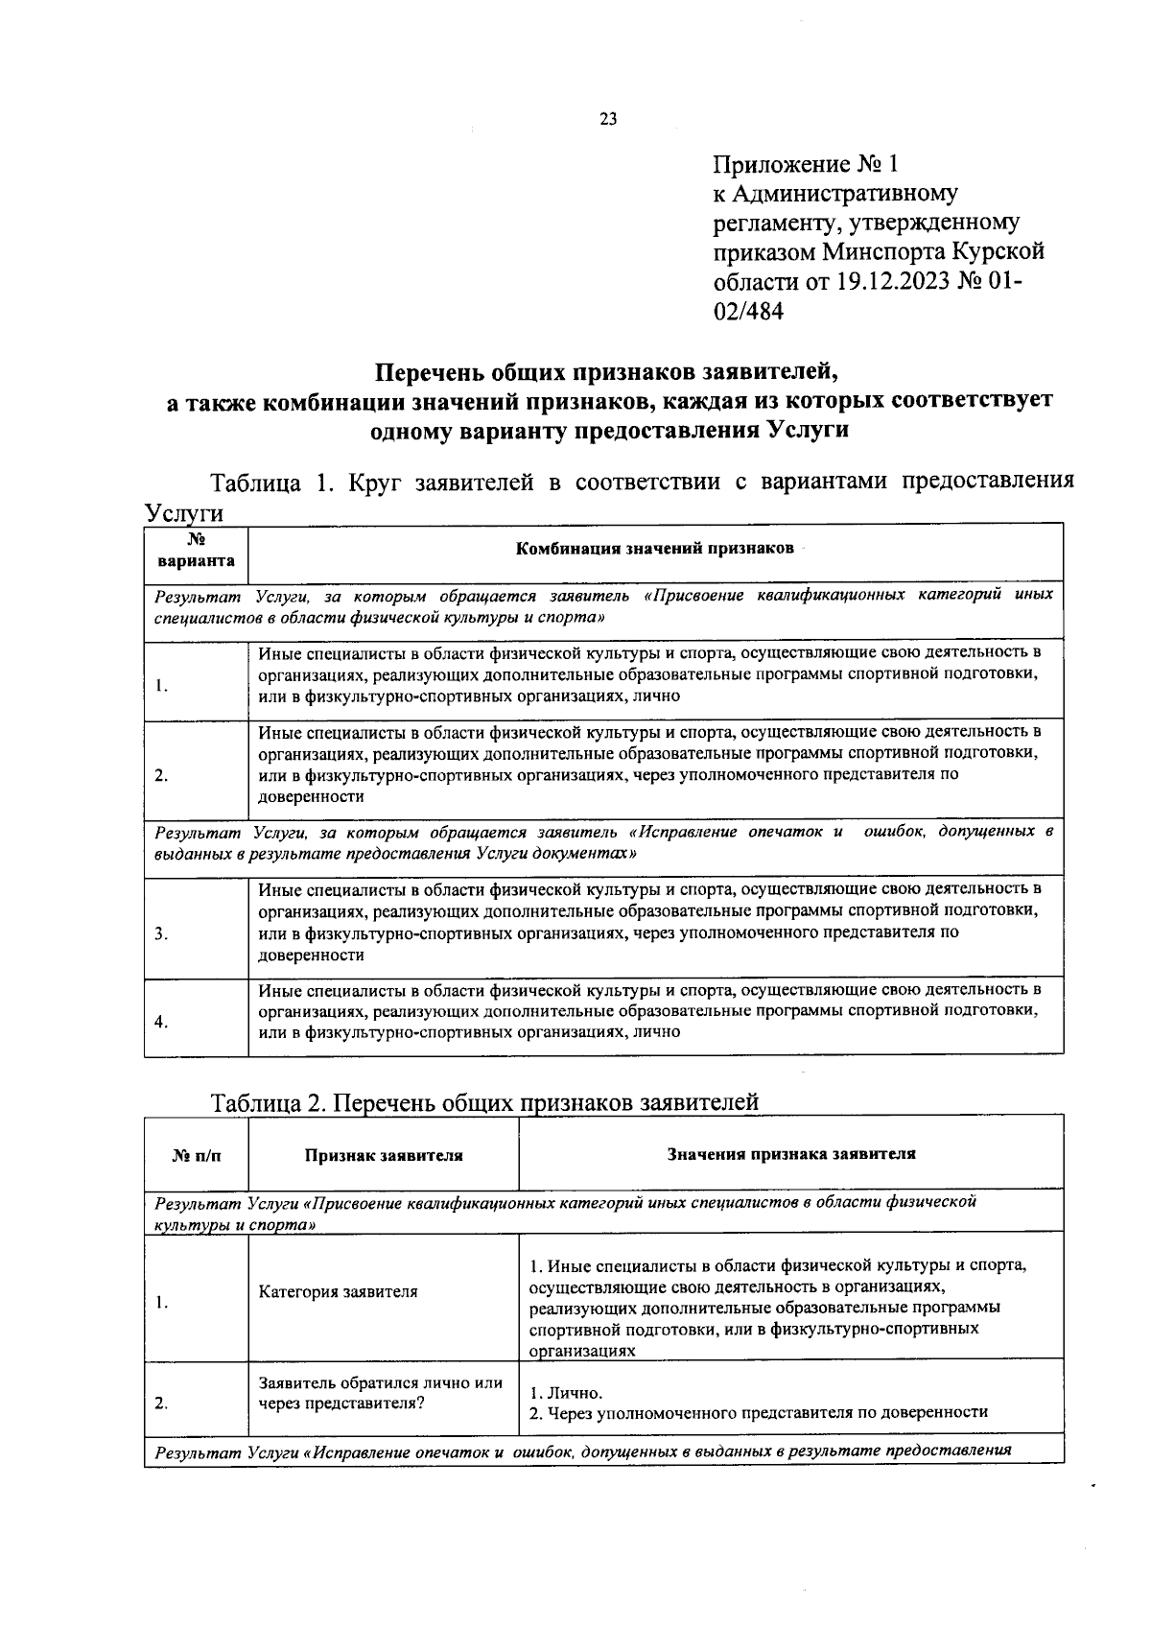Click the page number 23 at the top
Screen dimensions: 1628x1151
607,119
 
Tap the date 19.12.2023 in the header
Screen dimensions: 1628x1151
890,282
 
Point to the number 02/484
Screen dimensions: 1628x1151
748,312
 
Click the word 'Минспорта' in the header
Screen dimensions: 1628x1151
882,252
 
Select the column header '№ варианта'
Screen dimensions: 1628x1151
196,551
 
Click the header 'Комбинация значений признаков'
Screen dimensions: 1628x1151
655,549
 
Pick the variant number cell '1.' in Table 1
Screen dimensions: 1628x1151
161,685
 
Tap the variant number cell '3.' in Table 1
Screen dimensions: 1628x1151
161,933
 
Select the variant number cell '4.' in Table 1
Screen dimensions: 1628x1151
161,1022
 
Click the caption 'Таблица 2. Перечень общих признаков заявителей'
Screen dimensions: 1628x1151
484,1102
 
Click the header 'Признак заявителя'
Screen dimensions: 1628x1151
384,1155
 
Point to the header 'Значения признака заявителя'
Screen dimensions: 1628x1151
791,1154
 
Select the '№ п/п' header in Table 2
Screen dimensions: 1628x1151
196,1155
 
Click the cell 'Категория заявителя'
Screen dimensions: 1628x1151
338,1291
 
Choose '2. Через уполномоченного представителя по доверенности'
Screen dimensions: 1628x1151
758,1412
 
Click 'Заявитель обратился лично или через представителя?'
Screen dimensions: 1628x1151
380,1392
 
